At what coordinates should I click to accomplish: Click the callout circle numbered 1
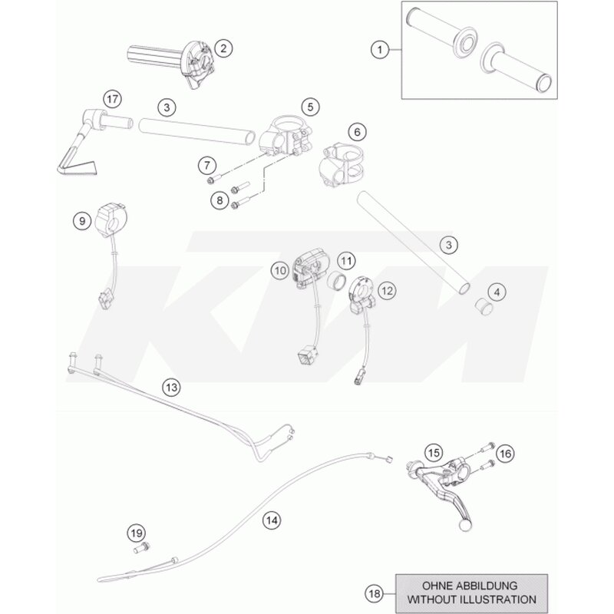click(379, 50)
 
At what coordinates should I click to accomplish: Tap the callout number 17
click(112, 99)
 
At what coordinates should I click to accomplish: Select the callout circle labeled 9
click(82, 221)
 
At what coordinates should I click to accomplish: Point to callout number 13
click(171, 388)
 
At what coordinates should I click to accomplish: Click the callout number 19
click(137, 533)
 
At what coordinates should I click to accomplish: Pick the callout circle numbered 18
click(375, 594)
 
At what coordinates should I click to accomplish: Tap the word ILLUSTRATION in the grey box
click(498, 599)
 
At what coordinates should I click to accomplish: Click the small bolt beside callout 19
click(142, 547)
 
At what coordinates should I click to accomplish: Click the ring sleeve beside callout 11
click(337, 281)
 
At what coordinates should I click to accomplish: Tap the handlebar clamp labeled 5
click(285, 135)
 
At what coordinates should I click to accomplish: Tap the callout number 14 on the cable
click(272, 520)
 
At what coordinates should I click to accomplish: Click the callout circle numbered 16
click(506, 454)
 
